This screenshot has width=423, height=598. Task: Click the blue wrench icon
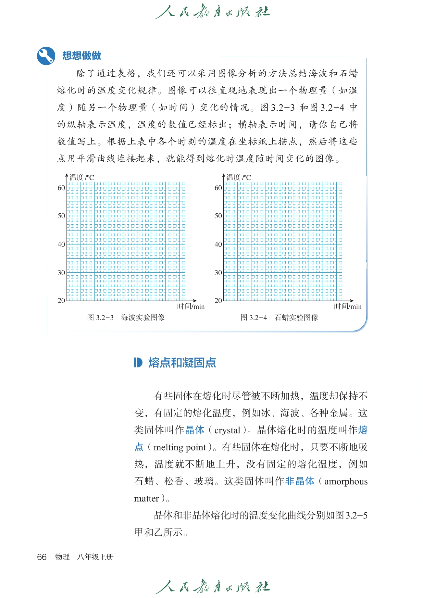[x=46, y=56]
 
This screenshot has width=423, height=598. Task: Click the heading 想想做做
[x=82, y=56]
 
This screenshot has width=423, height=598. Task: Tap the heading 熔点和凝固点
[x=182, y=363]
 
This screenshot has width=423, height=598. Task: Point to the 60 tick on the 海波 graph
[x=61, y=188]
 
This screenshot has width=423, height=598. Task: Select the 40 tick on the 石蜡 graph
[x=218, y=244]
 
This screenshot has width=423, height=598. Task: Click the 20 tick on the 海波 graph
[x=61, y=301]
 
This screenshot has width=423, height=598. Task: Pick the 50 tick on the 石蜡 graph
[x=218, y=216]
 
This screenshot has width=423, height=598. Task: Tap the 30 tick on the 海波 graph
[x=61, y=273]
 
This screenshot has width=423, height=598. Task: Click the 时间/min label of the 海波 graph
[x=191, y=306]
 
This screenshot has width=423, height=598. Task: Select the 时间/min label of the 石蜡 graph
[x=348, y=306]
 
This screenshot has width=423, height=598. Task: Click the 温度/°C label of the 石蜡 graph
[x=239, y=177]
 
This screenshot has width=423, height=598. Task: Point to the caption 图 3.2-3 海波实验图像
[x=126, y=318]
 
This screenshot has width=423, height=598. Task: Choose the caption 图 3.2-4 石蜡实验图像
[x=279, y=318]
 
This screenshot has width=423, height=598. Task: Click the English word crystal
[x=227, y=430]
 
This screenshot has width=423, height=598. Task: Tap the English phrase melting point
[x=180, y=447]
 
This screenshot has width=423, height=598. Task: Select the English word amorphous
[x=346, y=481]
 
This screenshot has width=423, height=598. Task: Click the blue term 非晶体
[x=300, y=481]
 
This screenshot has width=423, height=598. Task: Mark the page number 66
[x=42, y=557]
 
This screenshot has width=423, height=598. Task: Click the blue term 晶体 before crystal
[x=195, y=430]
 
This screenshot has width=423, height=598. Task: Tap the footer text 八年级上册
[x=95, y=557]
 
